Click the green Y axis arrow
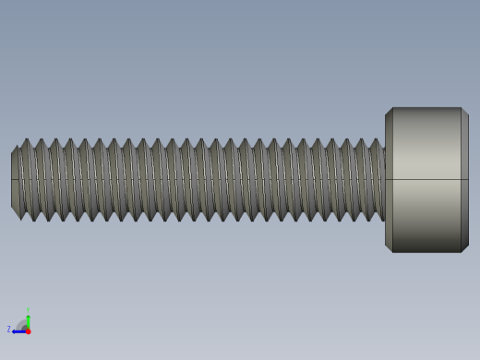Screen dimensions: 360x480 coord(28,318)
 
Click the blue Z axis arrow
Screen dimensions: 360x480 coord(18,330)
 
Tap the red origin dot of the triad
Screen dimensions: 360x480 coord(28,330)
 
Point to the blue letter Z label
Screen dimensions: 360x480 coord(9,329)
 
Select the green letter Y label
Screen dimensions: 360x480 coord(28,310)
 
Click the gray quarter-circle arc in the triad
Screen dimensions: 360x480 coord(22,324)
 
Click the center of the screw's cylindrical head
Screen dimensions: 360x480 coord(426,180)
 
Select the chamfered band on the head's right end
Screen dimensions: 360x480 coord(464,180)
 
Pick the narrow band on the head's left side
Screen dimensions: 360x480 coord(389,180)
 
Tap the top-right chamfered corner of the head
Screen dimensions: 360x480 coord(464,112)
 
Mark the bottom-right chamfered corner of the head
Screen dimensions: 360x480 coord(464,248)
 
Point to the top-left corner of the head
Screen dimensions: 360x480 coord(389,112)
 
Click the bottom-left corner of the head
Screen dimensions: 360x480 coord(389,248)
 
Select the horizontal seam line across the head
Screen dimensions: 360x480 coord(426,179)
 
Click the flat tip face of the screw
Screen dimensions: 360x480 coord(15,180)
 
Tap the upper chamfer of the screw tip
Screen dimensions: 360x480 coord(16,149)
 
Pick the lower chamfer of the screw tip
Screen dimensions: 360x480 coord(16,212)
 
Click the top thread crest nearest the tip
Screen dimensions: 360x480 coord(27,140)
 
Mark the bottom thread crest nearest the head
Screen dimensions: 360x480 coord(368,220)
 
